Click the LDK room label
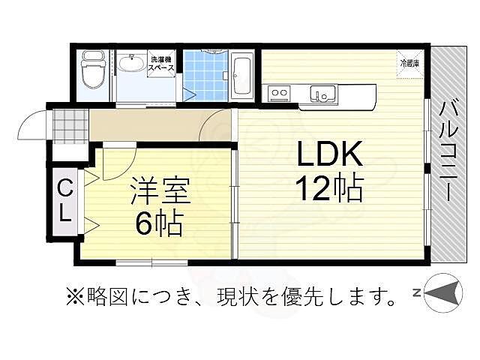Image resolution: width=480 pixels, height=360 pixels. coord(331,155)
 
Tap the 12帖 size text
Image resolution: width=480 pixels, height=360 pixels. coord(330,188)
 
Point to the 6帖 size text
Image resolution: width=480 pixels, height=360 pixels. coord(158,223)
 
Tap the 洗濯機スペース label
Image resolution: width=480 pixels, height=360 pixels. coord(162,64)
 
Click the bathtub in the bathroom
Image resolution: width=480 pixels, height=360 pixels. coord(241,75)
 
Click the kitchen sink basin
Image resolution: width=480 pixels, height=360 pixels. coord(323,95)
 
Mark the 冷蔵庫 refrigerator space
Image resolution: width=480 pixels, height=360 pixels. coord(409,63)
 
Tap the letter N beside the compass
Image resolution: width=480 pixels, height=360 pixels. coord(415,292)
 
